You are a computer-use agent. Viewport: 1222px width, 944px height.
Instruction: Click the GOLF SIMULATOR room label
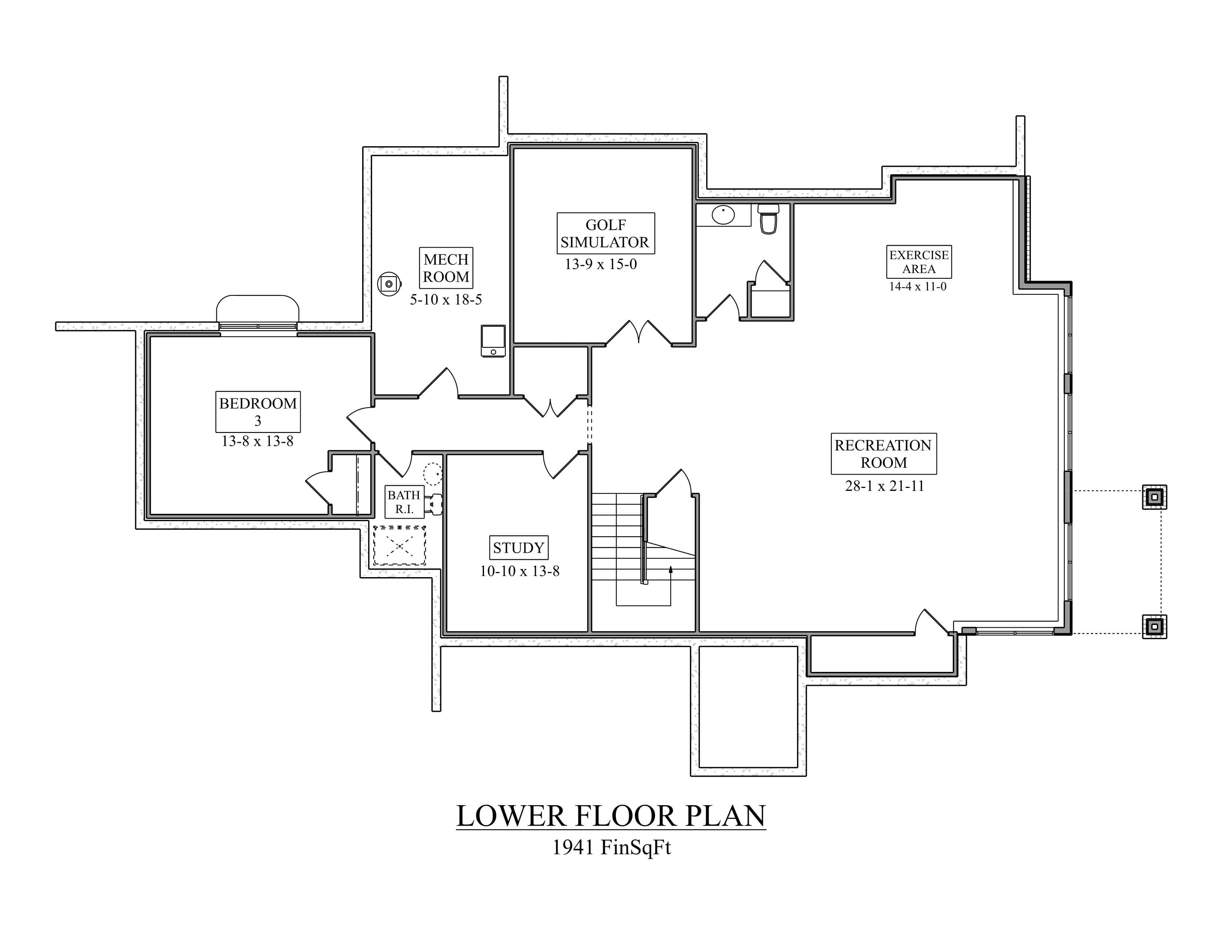[x=605, y=233]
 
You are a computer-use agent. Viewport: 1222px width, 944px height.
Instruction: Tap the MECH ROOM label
[x=446, y=268]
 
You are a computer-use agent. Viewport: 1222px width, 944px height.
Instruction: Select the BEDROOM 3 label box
[x=258, y=412]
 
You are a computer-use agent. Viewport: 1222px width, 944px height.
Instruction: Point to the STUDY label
[x=519, y=548]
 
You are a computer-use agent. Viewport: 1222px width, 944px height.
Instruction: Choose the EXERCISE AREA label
[x=919, y=262]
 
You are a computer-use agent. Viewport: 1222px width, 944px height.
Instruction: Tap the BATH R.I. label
[x=404, y=502]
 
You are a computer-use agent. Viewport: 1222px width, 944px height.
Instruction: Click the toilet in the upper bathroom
[x=768, y=219]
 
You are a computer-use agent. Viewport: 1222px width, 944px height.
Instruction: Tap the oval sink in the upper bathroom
[x=723, y=215]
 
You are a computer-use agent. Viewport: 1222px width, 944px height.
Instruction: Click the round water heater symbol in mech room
[x=389, y=284]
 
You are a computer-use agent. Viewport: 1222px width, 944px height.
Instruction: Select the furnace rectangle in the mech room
[x=493, y=341]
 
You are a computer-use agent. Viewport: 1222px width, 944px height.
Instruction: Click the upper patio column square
[x=1154, y=496]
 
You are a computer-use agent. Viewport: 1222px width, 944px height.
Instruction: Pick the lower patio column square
[x=1154, y=626]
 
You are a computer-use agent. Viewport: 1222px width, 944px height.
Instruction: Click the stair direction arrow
[x=670, y=570]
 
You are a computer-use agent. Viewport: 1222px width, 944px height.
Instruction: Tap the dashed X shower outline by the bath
[x=400, y=545]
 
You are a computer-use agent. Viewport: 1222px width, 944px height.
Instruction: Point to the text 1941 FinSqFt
[x=611, y=847]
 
